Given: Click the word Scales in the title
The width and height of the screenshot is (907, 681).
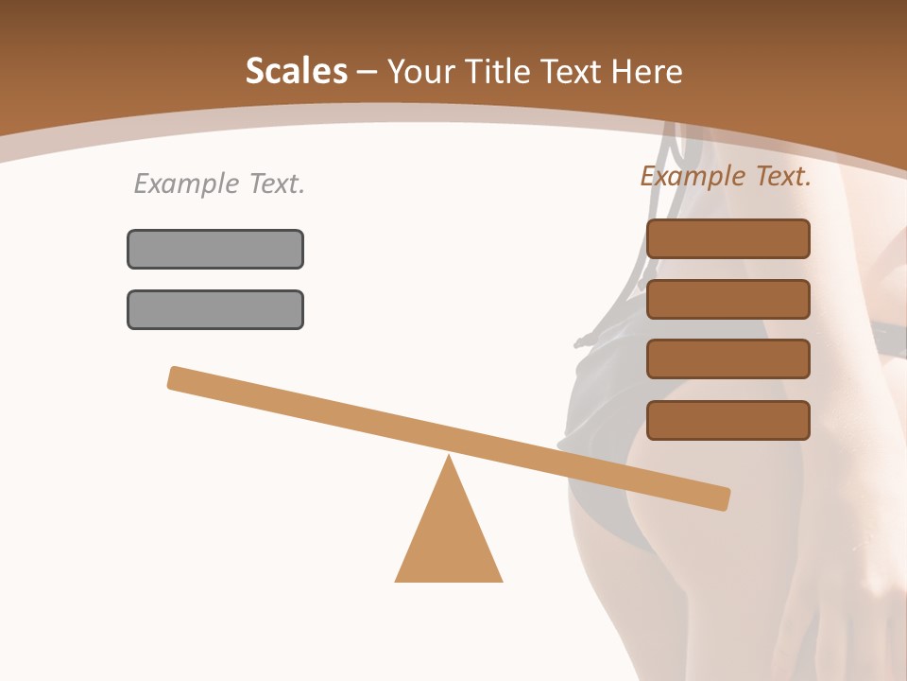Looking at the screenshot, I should coord(296,71).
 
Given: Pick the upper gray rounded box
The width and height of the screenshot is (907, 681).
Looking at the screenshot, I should coord(215,249).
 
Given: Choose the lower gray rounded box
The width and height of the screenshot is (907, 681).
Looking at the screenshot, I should coord(215,309).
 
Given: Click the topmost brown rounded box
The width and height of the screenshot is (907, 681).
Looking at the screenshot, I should coord(727,238).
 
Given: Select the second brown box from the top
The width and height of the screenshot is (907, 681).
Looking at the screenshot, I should coord(727,299).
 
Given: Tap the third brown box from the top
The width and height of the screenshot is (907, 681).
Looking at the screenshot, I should coord(727,359).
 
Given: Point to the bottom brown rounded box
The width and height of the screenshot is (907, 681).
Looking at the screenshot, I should coord(727,420).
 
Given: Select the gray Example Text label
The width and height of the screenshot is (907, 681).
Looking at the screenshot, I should coord(219,183).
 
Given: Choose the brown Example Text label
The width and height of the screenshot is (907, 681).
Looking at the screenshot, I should coord(726,176).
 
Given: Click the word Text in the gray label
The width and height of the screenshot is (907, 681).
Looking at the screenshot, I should coord(276,183).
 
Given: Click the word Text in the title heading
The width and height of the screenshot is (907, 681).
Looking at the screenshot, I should coord(565,71).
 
